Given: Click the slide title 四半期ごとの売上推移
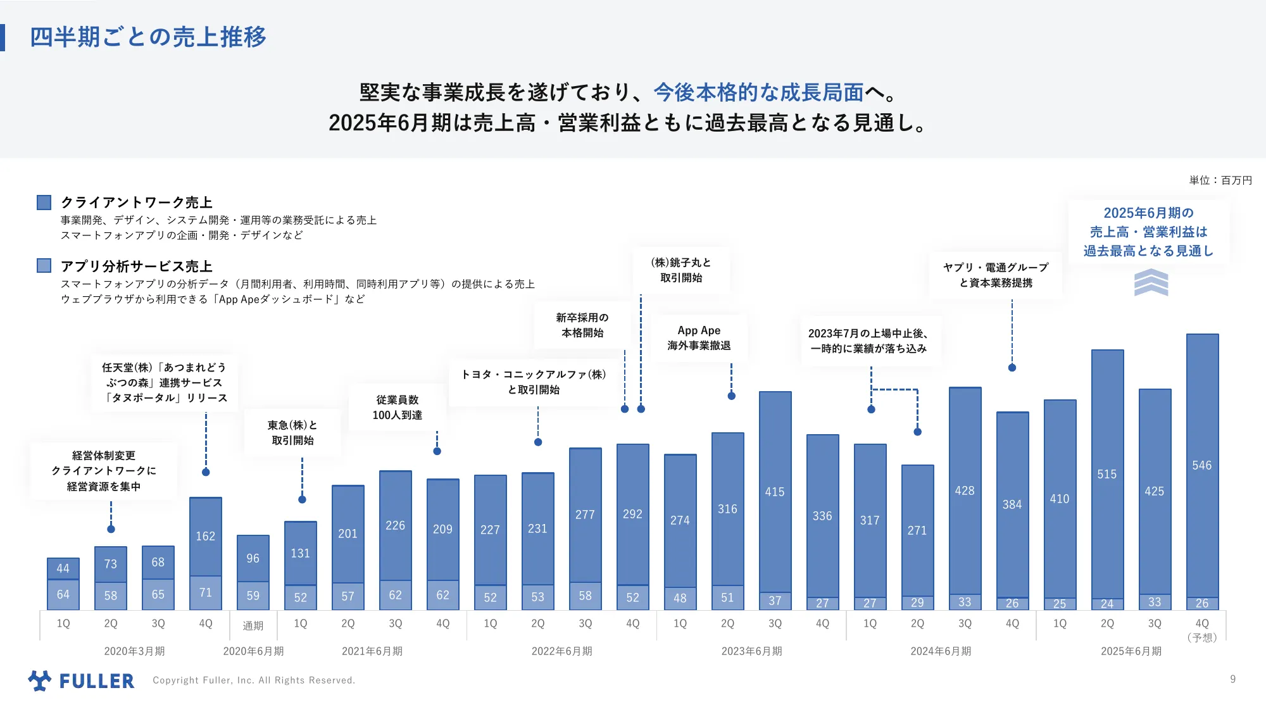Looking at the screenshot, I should point(148,37).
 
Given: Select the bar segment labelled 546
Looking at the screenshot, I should point(1202,465).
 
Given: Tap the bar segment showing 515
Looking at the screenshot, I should point(1107,474).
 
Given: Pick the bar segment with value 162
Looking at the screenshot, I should point(206,536).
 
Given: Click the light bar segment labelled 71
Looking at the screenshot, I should point(206,593).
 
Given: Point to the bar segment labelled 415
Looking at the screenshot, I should point(775,492).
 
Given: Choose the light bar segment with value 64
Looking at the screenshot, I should point(63,594).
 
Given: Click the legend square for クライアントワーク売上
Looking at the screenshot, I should point(44,203).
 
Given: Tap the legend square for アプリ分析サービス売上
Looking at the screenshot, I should point(44,266).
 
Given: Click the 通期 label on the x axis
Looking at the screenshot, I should point(253,625).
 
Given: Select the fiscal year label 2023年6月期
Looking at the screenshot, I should point(751,651).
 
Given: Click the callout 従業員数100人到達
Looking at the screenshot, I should point(397,408).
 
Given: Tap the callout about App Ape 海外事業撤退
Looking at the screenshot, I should point(699,338).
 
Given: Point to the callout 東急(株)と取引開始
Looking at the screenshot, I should point(292,433).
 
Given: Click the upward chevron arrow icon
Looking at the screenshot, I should point(1151,282).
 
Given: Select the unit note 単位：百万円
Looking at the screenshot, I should point(1220,180).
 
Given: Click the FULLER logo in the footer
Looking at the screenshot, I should point(82,680).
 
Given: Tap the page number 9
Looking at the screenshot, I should point(1232,679).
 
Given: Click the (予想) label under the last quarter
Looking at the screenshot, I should point(1202,637).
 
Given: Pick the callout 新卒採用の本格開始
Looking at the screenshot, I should point(582,325).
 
